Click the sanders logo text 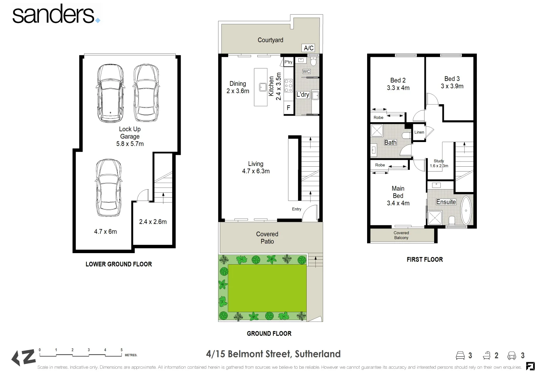[53, 15]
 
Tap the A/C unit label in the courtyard [308, 48]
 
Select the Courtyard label [270, 40]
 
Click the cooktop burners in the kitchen [289, 85]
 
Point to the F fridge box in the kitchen [288, 108]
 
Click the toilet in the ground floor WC [313, 62]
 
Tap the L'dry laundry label [302, 94]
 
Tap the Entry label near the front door [297, 209]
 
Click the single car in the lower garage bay [109, 187]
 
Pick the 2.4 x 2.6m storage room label [153, 222]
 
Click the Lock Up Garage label [130, 136]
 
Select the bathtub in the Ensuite [466, 211]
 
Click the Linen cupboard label [419, 132]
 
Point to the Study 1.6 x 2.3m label [439, 163]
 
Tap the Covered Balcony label [401, 235]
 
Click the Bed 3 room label [452, 82]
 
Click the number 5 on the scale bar [122, 350]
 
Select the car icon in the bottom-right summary [512, 355]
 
